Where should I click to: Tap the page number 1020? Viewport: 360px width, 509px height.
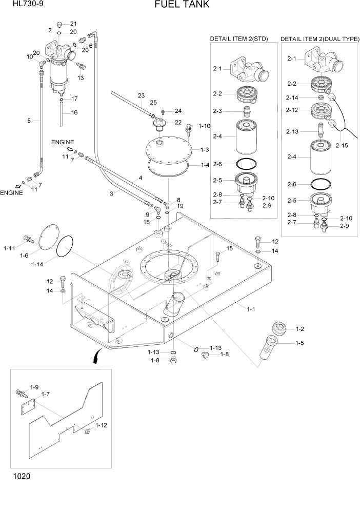19,476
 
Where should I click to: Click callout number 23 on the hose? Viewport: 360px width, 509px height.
142,96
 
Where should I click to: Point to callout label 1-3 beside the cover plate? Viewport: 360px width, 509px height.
204,149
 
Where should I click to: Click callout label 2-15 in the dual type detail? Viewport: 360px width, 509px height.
342,145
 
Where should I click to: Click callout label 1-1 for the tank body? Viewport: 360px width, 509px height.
251,309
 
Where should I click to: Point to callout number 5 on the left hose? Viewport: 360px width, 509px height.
29,121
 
